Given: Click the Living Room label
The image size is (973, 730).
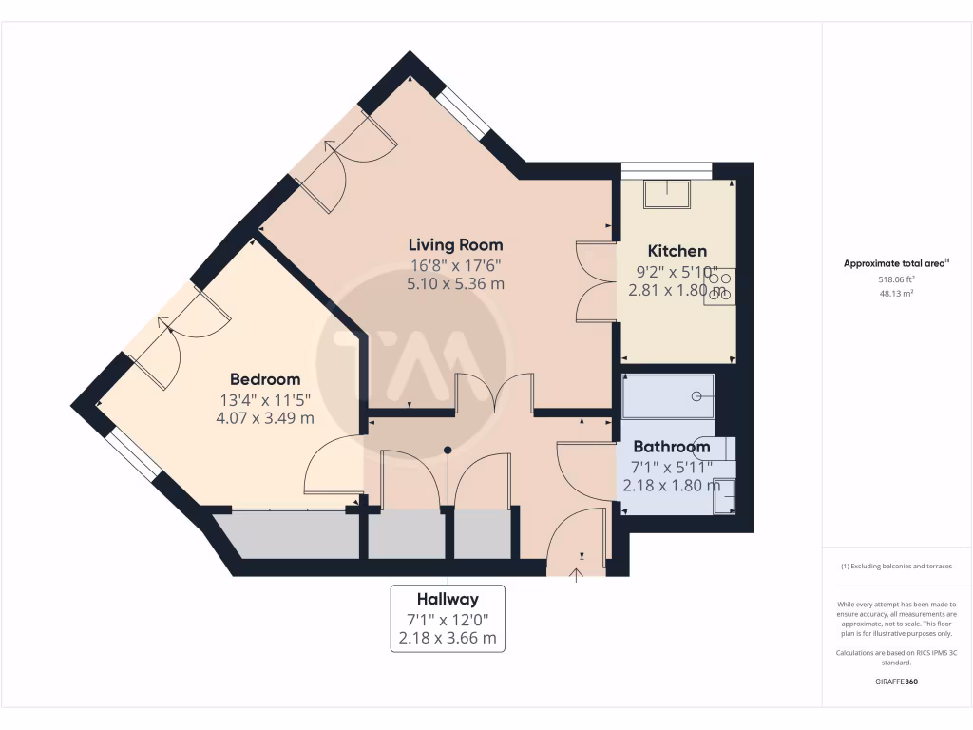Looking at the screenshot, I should tap(455, 244).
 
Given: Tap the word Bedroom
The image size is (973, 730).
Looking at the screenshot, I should tap(265, 378).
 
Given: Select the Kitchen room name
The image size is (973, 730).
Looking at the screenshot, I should tap(677, 251).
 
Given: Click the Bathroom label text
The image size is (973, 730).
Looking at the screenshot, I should tap(671, 446).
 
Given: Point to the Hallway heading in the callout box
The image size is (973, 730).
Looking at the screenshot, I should tap(448, 599).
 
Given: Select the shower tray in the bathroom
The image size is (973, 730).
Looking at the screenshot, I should tap(668, 396).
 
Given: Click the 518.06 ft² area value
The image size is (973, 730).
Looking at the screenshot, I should tap(896, 280).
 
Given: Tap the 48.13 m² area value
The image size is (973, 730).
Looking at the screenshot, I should tap(896, 294).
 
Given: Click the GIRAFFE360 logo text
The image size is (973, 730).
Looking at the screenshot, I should tap(896, 682).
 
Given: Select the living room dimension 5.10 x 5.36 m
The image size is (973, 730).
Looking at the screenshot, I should tap(455, 283).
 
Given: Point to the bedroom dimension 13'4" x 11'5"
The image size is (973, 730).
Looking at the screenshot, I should tap(265, 398).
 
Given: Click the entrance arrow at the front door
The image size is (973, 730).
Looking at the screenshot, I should tap(577, 572).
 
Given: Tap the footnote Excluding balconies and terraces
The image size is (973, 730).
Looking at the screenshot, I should tap(896, 566).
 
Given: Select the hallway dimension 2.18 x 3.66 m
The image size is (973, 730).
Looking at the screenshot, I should tap(448, 638).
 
